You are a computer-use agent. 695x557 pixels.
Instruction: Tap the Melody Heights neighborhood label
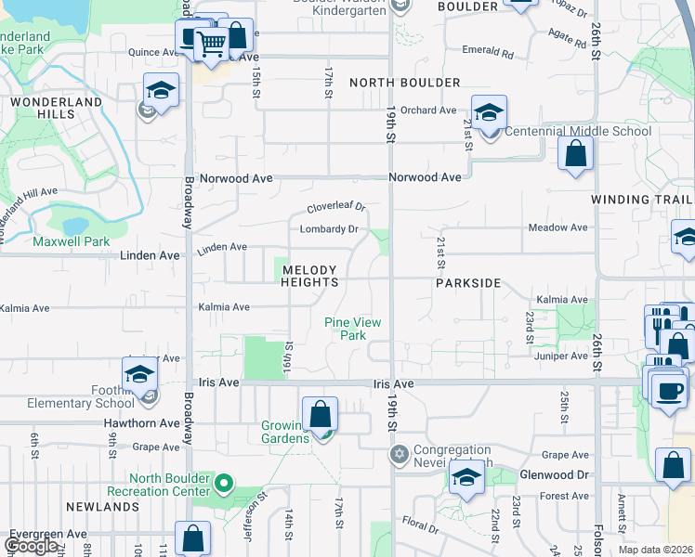(311, 275)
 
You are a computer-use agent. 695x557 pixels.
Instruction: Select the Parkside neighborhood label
(468, 283)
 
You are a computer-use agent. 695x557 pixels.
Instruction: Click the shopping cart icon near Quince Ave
(212, 42)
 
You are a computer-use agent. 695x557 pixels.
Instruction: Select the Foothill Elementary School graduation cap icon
(139, 374)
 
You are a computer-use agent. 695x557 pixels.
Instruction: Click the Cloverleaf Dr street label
(337, 207)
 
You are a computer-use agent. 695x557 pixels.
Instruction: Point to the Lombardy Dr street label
(329, 229)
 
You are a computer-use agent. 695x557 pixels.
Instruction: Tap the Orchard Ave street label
(428, 110)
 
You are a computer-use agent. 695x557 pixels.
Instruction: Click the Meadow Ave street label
(557, 227)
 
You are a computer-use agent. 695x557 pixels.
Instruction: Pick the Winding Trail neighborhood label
(642, 200)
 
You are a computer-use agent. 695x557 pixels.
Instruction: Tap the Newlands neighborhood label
(102, 507)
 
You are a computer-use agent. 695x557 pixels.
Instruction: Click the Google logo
(32, 546)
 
